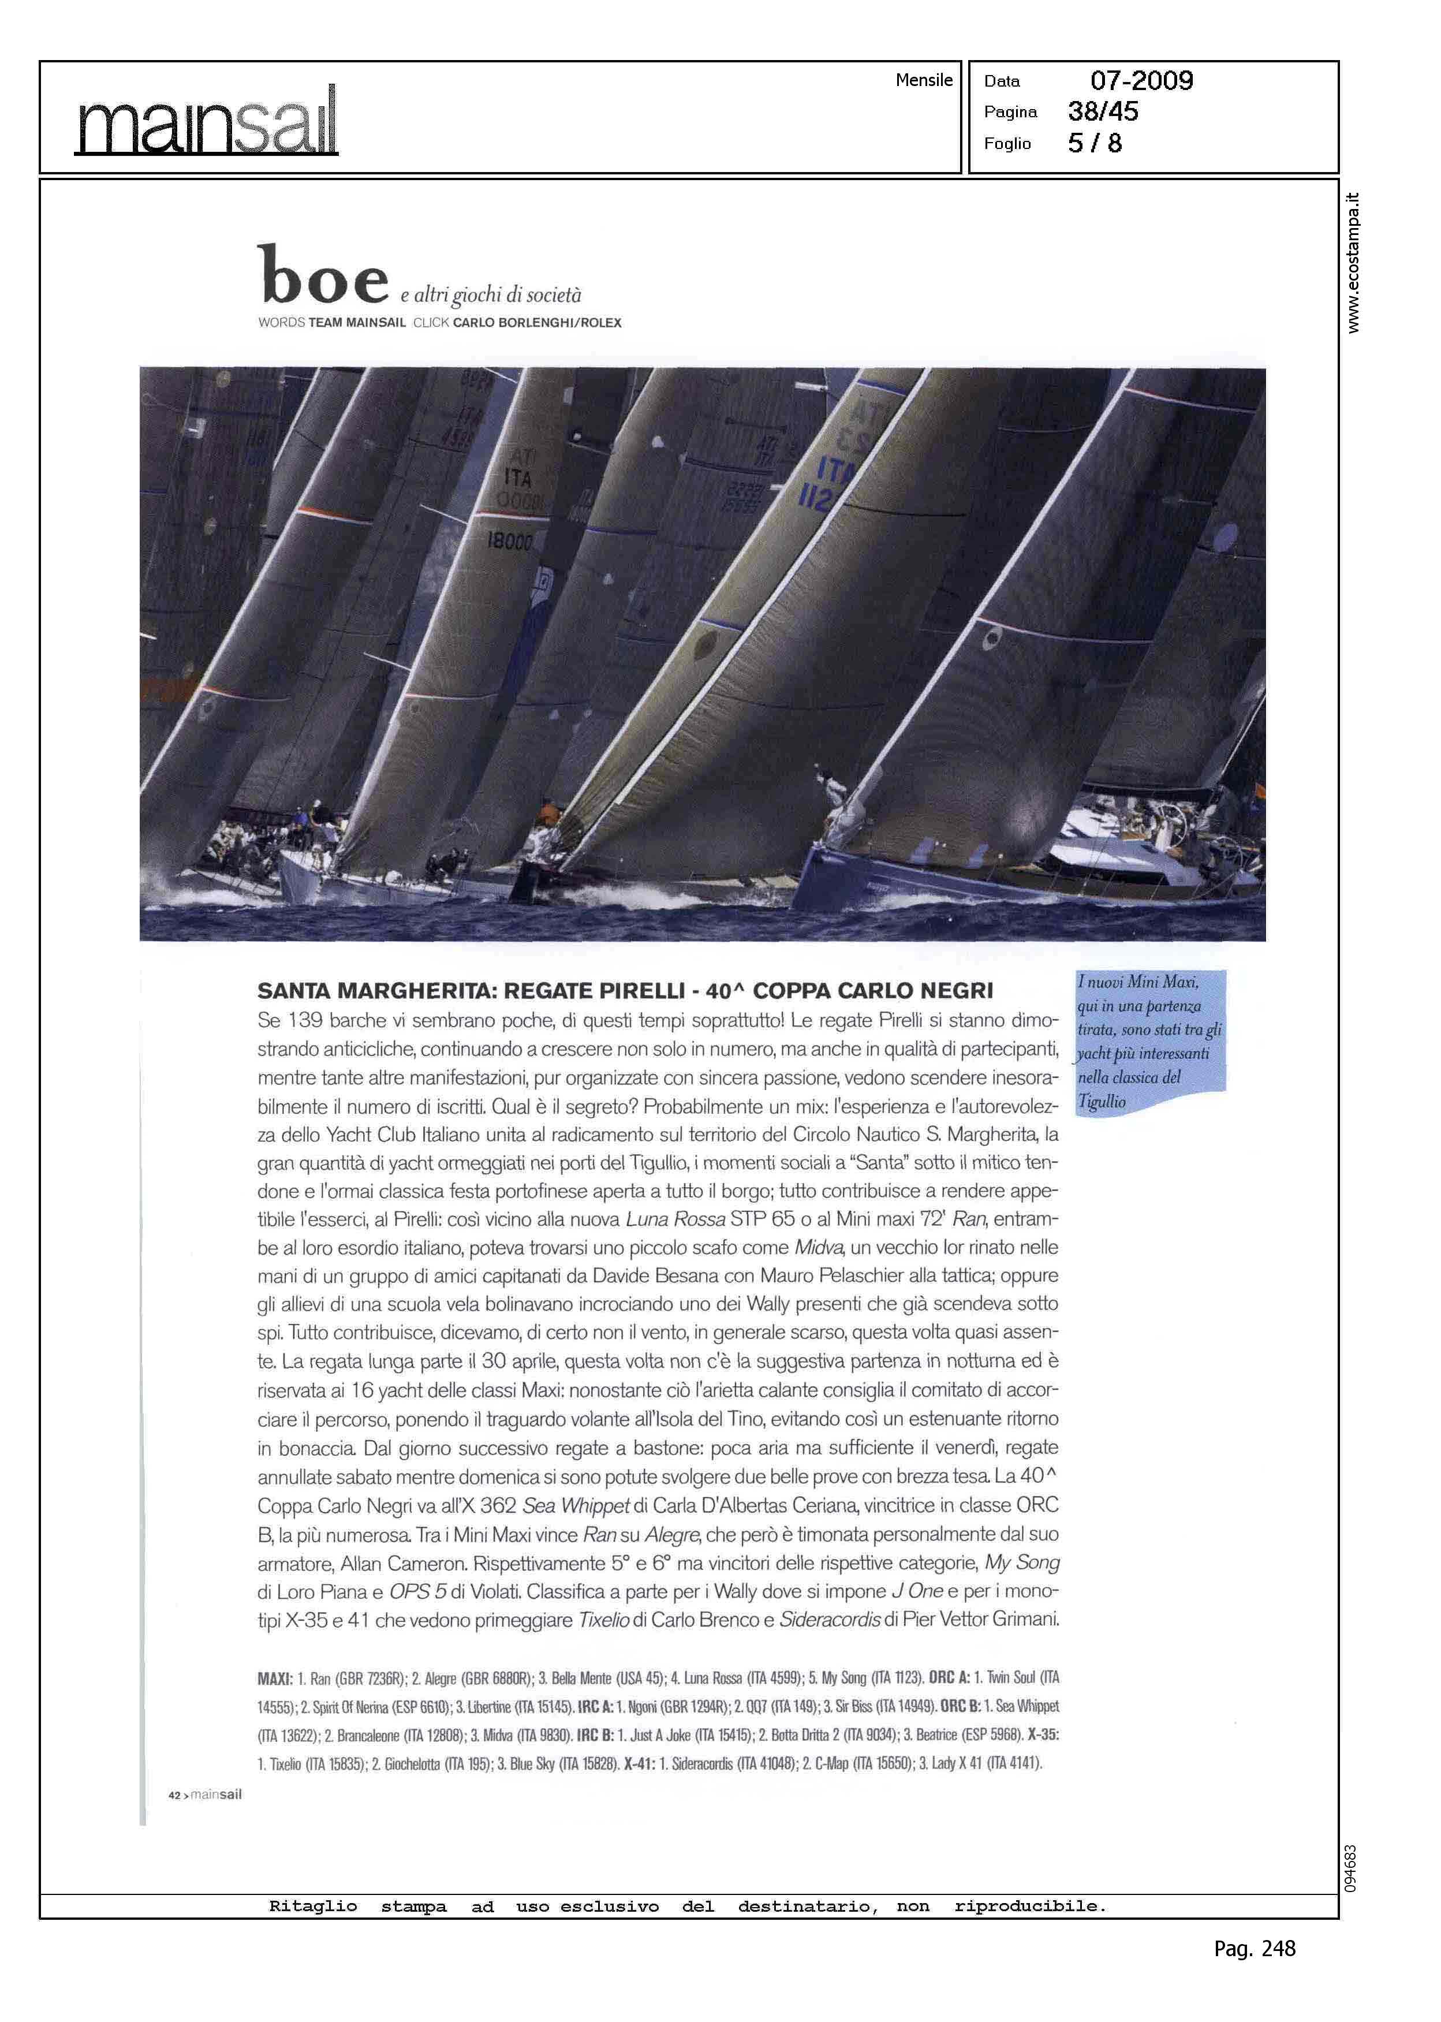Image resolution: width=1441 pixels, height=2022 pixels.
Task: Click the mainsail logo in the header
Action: click(206, 121)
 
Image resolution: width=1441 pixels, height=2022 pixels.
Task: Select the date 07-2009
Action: click(1141, 81)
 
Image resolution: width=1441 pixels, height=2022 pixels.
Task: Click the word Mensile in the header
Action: click(924, 80)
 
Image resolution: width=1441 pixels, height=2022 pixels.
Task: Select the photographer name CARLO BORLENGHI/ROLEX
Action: click(537, 323)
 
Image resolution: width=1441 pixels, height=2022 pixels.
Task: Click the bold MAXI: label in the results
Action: click(275, 1678)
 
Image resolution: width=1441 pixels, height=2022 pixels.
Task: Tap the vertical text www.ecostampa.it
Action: click(1352, 263)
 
